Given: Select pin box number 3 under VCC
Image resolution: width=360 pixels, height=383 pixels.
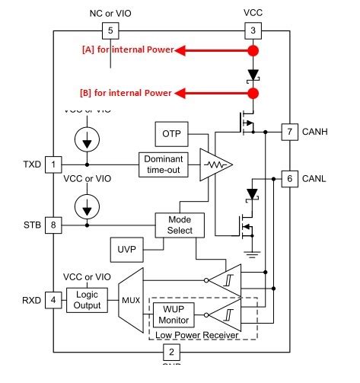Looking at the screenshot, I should point(251,30).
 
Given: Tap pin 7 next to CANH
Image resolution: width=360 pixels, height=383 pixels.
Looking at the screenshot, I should point(289,131).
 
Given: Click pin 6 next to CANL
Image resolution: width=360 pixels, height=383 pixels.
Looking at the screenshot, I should point(289,178).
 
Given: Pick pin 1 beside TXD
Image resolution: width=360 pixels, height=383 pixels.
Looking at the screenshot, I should point(53,164).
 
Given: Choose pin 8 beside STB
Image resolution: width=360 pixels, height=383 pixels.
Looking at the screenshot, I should point(53,225).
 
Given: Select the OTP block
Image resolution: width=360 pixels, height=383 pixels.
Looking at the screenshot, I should point(170,134).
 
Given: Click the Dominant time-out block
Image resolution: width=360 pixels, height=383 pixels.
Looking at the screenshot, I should point(162,164).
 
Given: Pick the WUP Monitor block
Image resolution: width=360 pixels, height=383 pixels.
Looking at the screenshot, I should point(174,315).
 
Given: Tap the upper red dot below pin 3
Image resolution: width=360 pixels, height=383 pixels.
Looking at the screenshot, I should point(251,51).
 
